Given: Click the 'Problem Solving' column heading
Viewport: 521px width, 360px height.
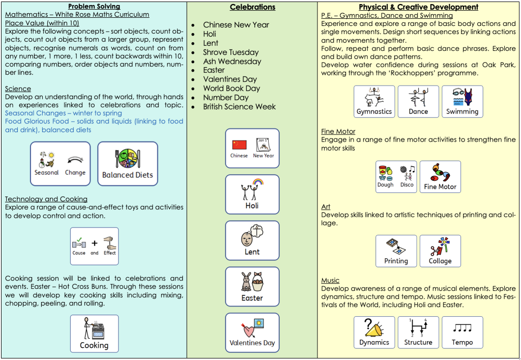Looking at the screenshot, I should click(94, 7).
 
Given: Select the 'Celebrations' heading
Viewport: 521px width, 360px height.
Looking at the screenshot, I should click(252, 7).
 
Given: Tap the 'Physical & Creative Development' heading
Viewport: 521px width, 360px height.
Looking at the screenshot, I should click(418, 7).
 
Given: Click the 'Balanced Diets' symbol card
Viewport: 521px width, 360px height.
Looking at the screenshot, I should click(128, 163).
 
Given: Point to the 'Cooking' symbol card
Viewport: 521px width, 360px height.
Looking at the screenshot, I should click(94, 334).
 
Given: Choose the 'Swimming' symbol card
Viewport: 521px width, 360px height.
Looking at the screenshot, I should click(462, 101).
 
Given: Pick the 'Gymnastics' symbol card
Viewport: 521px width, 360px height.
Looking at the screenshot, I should click(374, 101).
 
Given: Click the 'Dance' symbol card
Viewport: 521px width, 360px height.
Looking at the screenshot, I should click(418, 101).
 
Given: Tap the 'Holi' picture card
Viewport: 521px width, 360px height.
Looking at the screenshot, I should click(252, 194).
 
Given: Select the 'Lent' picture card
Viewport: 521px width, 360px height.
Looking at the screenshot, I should click(252, 240).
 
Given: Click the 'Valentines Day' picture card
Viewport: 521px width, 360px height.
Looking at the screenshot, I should click(252, 333).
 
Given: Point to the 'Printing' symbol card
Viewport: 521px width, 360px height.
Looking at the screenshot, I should click(396, 251).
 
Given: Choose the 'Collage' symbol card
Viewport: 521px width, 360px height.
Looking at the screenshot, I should click(440, 251).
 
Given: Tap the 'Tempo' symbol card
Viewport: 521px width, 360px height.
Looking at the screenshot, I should click(462, 333).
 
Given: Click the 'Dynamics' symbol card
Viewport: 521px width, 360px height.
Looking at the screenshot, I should click(374, 333).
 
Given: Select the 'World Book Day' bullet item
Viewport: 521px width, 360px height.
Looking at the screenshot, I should click(231, 89).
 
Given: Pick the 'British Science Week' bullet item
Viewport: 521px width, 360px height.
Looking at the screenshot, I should click(239, 107).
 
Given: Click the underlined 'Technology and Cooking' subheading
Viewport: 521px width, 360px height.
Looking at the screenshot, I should click(46, 199).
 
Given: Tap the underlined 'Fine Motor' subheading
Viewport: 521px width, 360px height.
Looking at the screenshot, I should click(338, 131).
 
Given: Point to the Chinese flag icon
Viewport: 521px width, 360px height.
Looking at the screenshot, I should click(239, 145).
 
